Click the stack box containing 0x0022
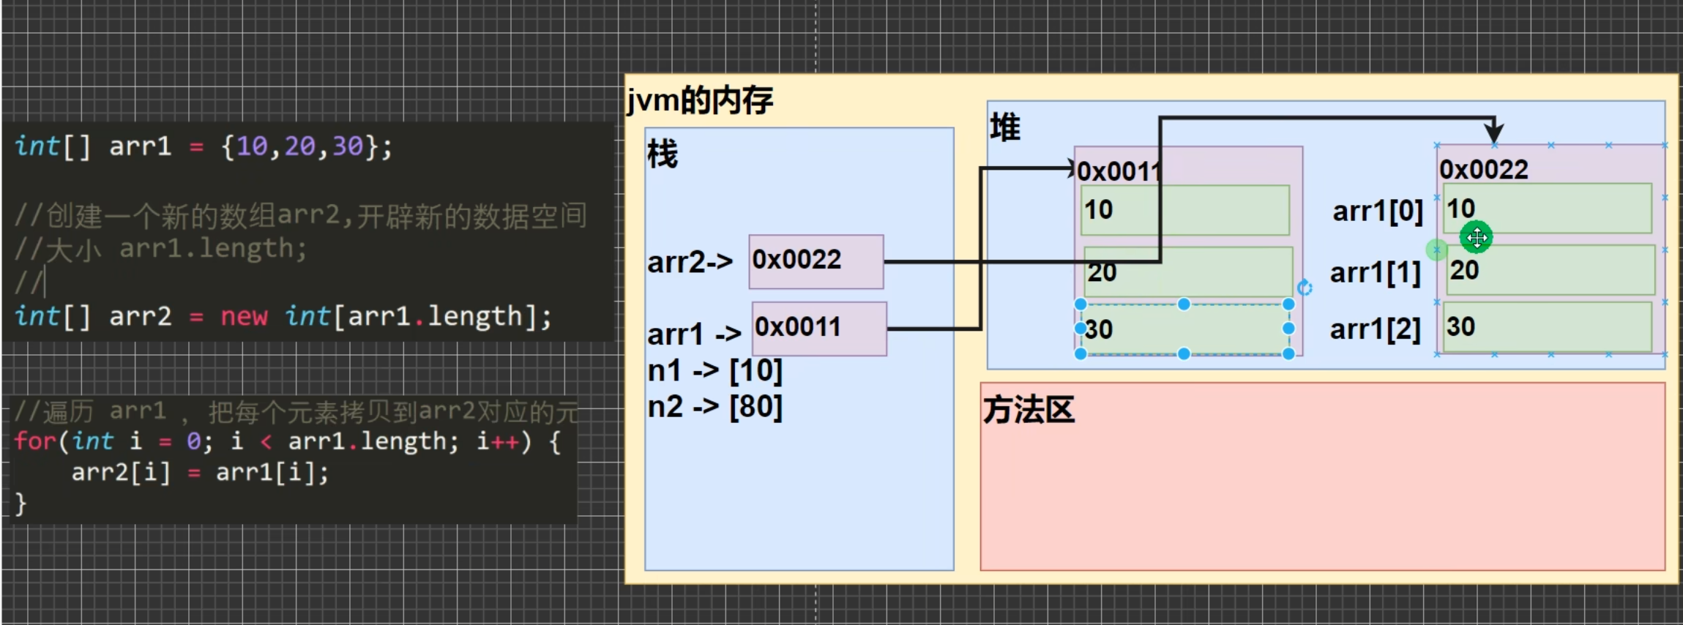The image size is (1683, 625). (x=816, y=261)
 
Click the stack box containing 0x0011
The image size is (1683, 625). (x=819, y=329)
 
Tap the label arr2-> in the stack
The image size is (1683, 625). (x=690, y=262)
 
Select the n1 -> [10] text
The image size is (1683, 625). (x=714, y=370)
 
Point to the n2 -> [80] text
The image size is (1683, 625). (x=714, y=407)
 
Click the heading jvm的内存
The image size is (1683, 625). (x=700, y=100)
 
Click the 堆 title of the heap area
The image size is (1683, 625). (x=1005, y=128)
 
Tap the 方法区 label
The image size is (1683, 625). (x=1029, y=410)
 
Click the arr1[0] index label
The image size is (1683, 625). (x=1377, y=212)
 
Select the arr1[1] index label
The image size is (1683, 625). (x=1375, y=273)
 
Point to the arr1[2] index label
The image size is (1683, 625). (x=1375, y=329)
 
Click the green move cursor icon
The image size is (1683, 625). (x=1476, y=237)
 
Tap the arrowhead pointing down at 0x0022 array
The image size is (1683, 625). (x=1493, y=132)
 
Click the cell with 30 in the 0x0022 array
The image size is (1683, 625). (x=1548, y=327)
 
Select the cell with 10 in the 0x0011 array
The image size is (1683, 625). (x=1184, y=210)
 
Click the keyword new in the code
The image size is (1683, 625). (x=244, y=317)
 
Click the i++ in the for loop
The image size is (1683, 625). (x=498, y=441)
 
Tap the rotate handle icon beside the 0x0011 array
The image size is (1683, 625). (x=1305, y=288)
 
